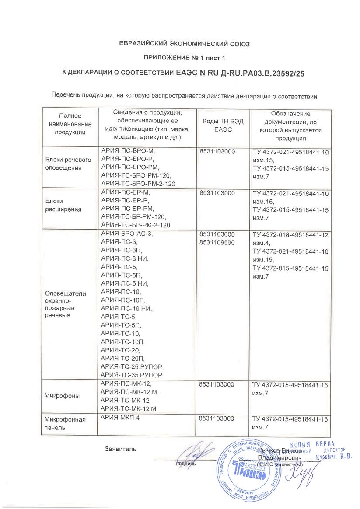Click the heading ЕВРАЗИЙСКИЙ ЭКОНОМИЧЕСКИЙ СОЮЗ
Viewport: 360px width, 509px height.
(x=180, y=44)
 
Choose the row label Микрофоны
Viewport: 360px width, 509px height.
(x=62, y=396)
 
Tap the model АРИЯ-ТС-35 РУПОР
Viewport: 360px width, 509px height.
(x=132, y=375)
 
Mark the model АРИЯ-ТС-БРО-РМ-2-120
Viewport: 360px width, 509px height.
(x=138, y=184)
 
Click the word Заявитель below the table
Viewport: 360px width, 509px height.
(x=120, y=449)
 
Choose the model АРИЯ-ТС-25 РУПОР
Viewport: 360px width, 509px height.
(x=132, y=366)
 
